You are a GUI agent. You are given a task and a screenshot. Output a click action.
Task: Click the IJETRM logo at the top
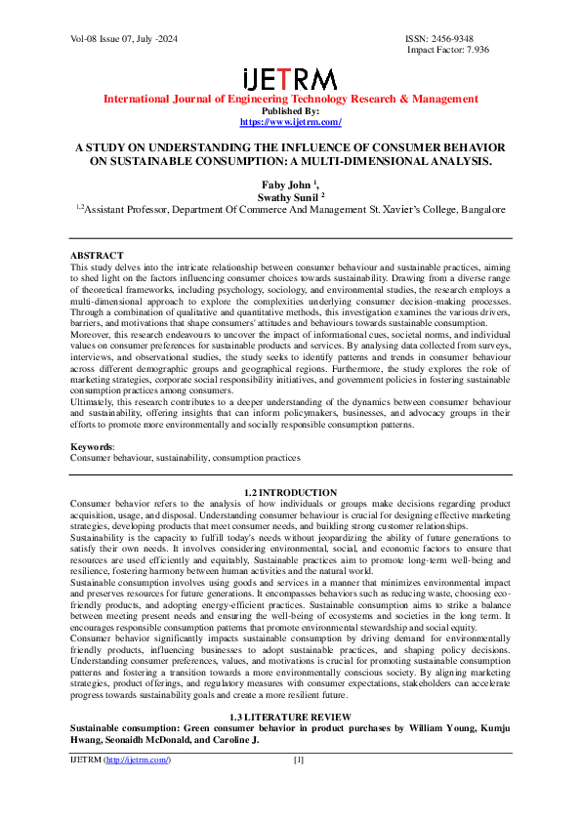coord(289,79)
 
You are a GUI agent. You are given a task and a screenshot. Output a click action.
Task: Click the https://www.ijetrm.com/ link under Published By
coord(290,122)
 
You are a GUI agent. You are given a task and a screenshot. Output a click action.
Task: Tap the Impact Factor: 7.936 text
coord(448,49)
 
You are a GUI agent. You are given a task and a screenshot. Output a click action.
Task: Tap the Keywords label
coord(92,446)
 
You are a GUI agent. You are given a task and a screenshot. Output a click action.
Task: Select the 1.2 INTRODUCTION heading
coord(290,492)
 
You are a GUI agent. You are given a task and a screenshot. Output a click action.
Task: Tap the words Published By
coord(290,111)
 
